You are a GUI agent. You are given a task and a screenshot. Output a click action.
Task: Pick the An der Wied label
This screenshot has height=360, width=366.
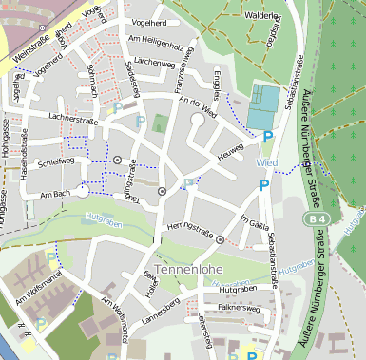pos(198,106)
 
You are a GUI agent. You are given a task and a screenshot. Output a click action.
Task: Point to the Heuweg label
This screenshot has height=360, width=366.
pos(231,152)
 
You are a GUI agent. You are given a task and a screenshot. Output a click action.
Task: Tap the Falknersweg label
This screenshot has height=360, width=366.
pos(239,308)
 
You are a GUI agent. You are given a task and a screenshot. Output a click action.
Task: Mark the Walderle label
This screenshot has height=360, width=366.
pos(263,16)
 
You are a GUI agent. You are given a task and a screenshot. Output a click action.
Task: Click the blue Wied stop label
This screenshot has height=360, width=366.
pos(266,163)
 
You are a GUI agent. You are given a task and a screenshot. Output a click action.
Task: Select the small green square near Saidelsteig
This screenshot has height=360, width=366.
pos(159,123)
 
